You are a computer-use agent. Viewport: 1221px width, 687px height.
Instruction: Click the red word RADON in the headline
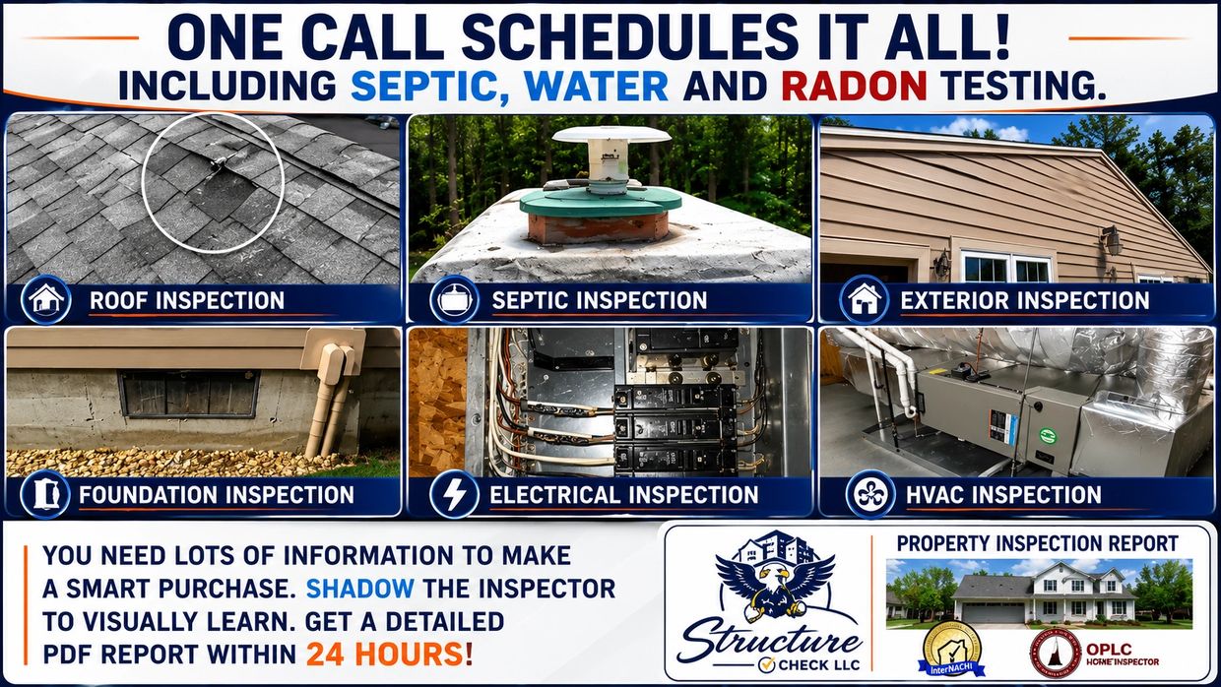point(854,86)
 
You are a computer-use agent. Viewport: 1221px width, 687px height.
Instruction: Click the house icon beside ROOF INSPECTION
point(46,299)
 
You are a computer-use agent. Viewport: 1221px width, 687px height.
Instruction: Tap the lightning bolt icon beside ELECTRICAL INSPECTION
point(454,495)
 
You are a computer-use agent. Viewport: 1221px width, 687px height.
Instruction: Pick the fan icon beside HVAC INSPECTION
point(870,495)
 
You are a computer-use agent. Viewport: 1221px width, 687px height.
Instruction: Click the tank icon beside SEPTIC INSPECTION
point(454,299)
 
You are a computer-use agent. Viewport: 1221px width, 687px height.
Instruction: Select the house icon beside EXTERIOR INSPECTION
point(865,299)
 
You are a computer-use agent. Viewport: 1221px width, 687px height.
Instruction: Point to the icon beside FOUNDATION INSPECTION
point(44,495)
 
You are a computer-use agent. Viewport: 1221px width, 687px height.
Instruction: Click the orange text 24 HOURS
point(389,655)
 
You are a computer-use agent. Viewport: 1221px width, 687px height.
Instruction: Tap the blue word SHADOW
point(359,589)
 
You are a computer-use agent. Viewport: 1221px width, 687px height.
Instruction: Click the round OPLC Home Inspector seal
point(1056,653)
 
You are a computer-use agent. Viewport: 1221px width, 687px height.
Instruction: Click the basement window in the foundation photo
point(189,394)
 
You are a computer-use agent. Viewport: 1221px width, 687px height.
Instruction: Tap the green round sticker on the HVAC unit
point(1048,435)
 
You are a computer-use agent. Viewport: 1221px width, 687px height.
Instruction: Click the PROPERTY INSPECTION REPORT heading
point(1037,543)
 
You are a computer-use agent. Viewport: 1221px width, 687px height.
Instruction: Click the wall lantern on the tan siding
point(1111,240)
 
